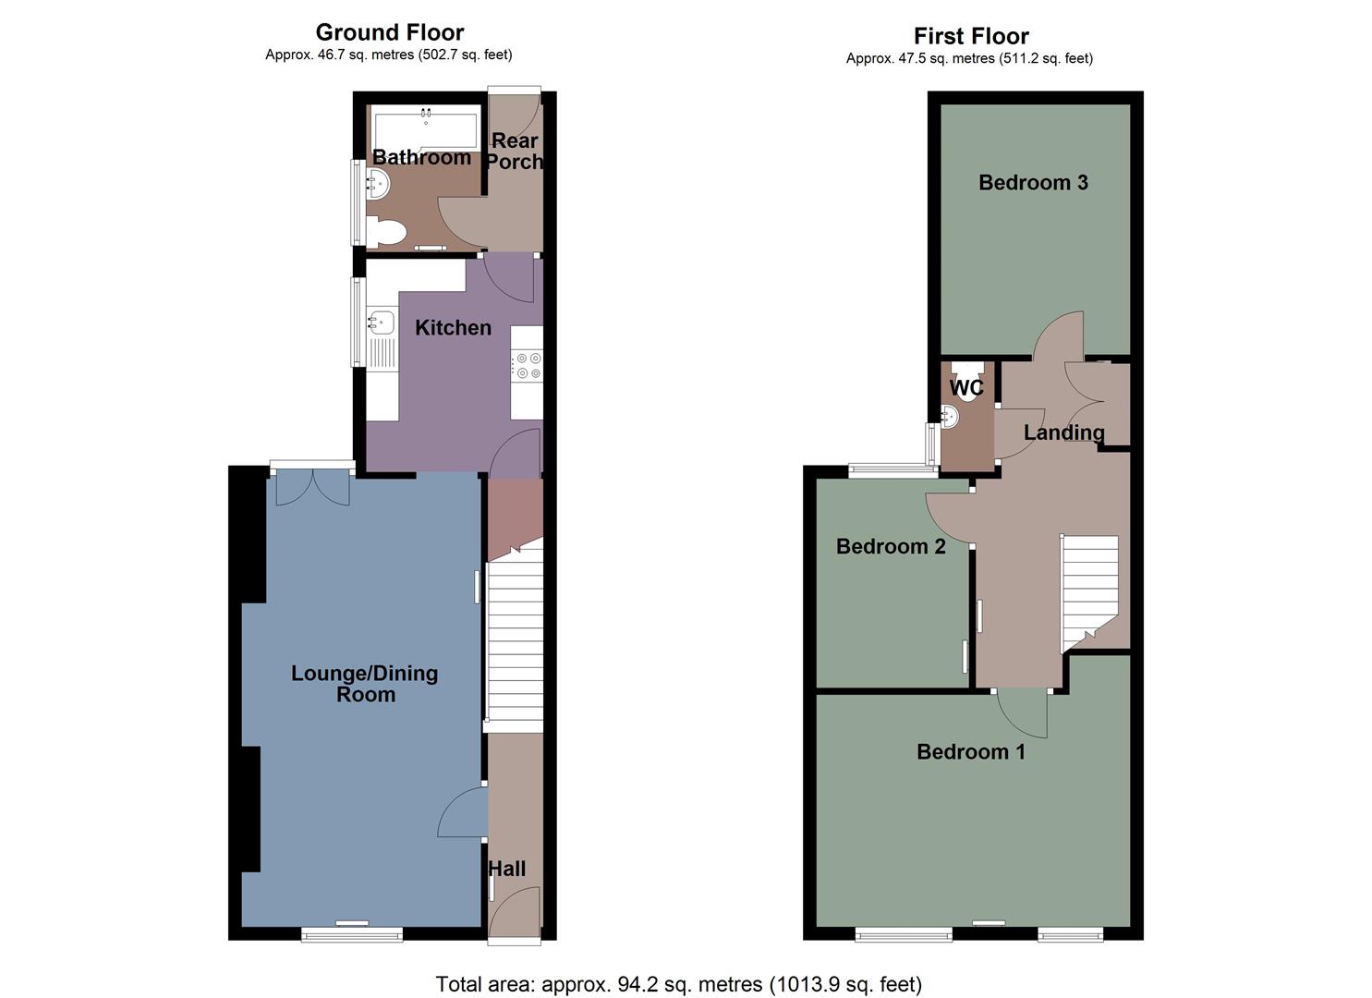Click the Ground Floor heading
pyautogui.click(x=389, y=32)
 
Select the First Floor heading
pyautogui.click(x=970, y=36)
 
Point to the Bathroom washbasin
pyautogui.click(x=378, y=184)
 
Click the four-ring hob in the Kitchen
pyautogui.click(x=528, y=366)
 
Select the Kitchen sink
pyautogui.click(x=381, y=323)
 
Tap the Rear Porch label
pyautogui.click(x=515, y=151)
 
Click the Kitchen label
pyautogui.click(x=453, y=327)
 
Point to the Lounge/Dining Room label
pyautogui.click(x=365, y=684)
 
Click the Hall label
pyautogui.click(x=506, y=869)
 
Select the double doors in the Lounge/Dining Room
pyautogui.click(x=313, y=486)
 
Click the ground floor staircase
pyautogui.click(x=514, y=638)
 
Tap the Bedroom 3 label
pyautogui.click(x=1033, y=182)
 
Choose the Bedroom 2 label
pyautogui.click(x=891, y=546)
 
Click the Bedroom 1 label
pyautogui.click(x=970, y=751)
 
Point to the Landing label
pyautogui.click(x=1063, y=432)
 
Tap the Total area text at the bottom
pyautogui.click(x=678, y=984)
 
